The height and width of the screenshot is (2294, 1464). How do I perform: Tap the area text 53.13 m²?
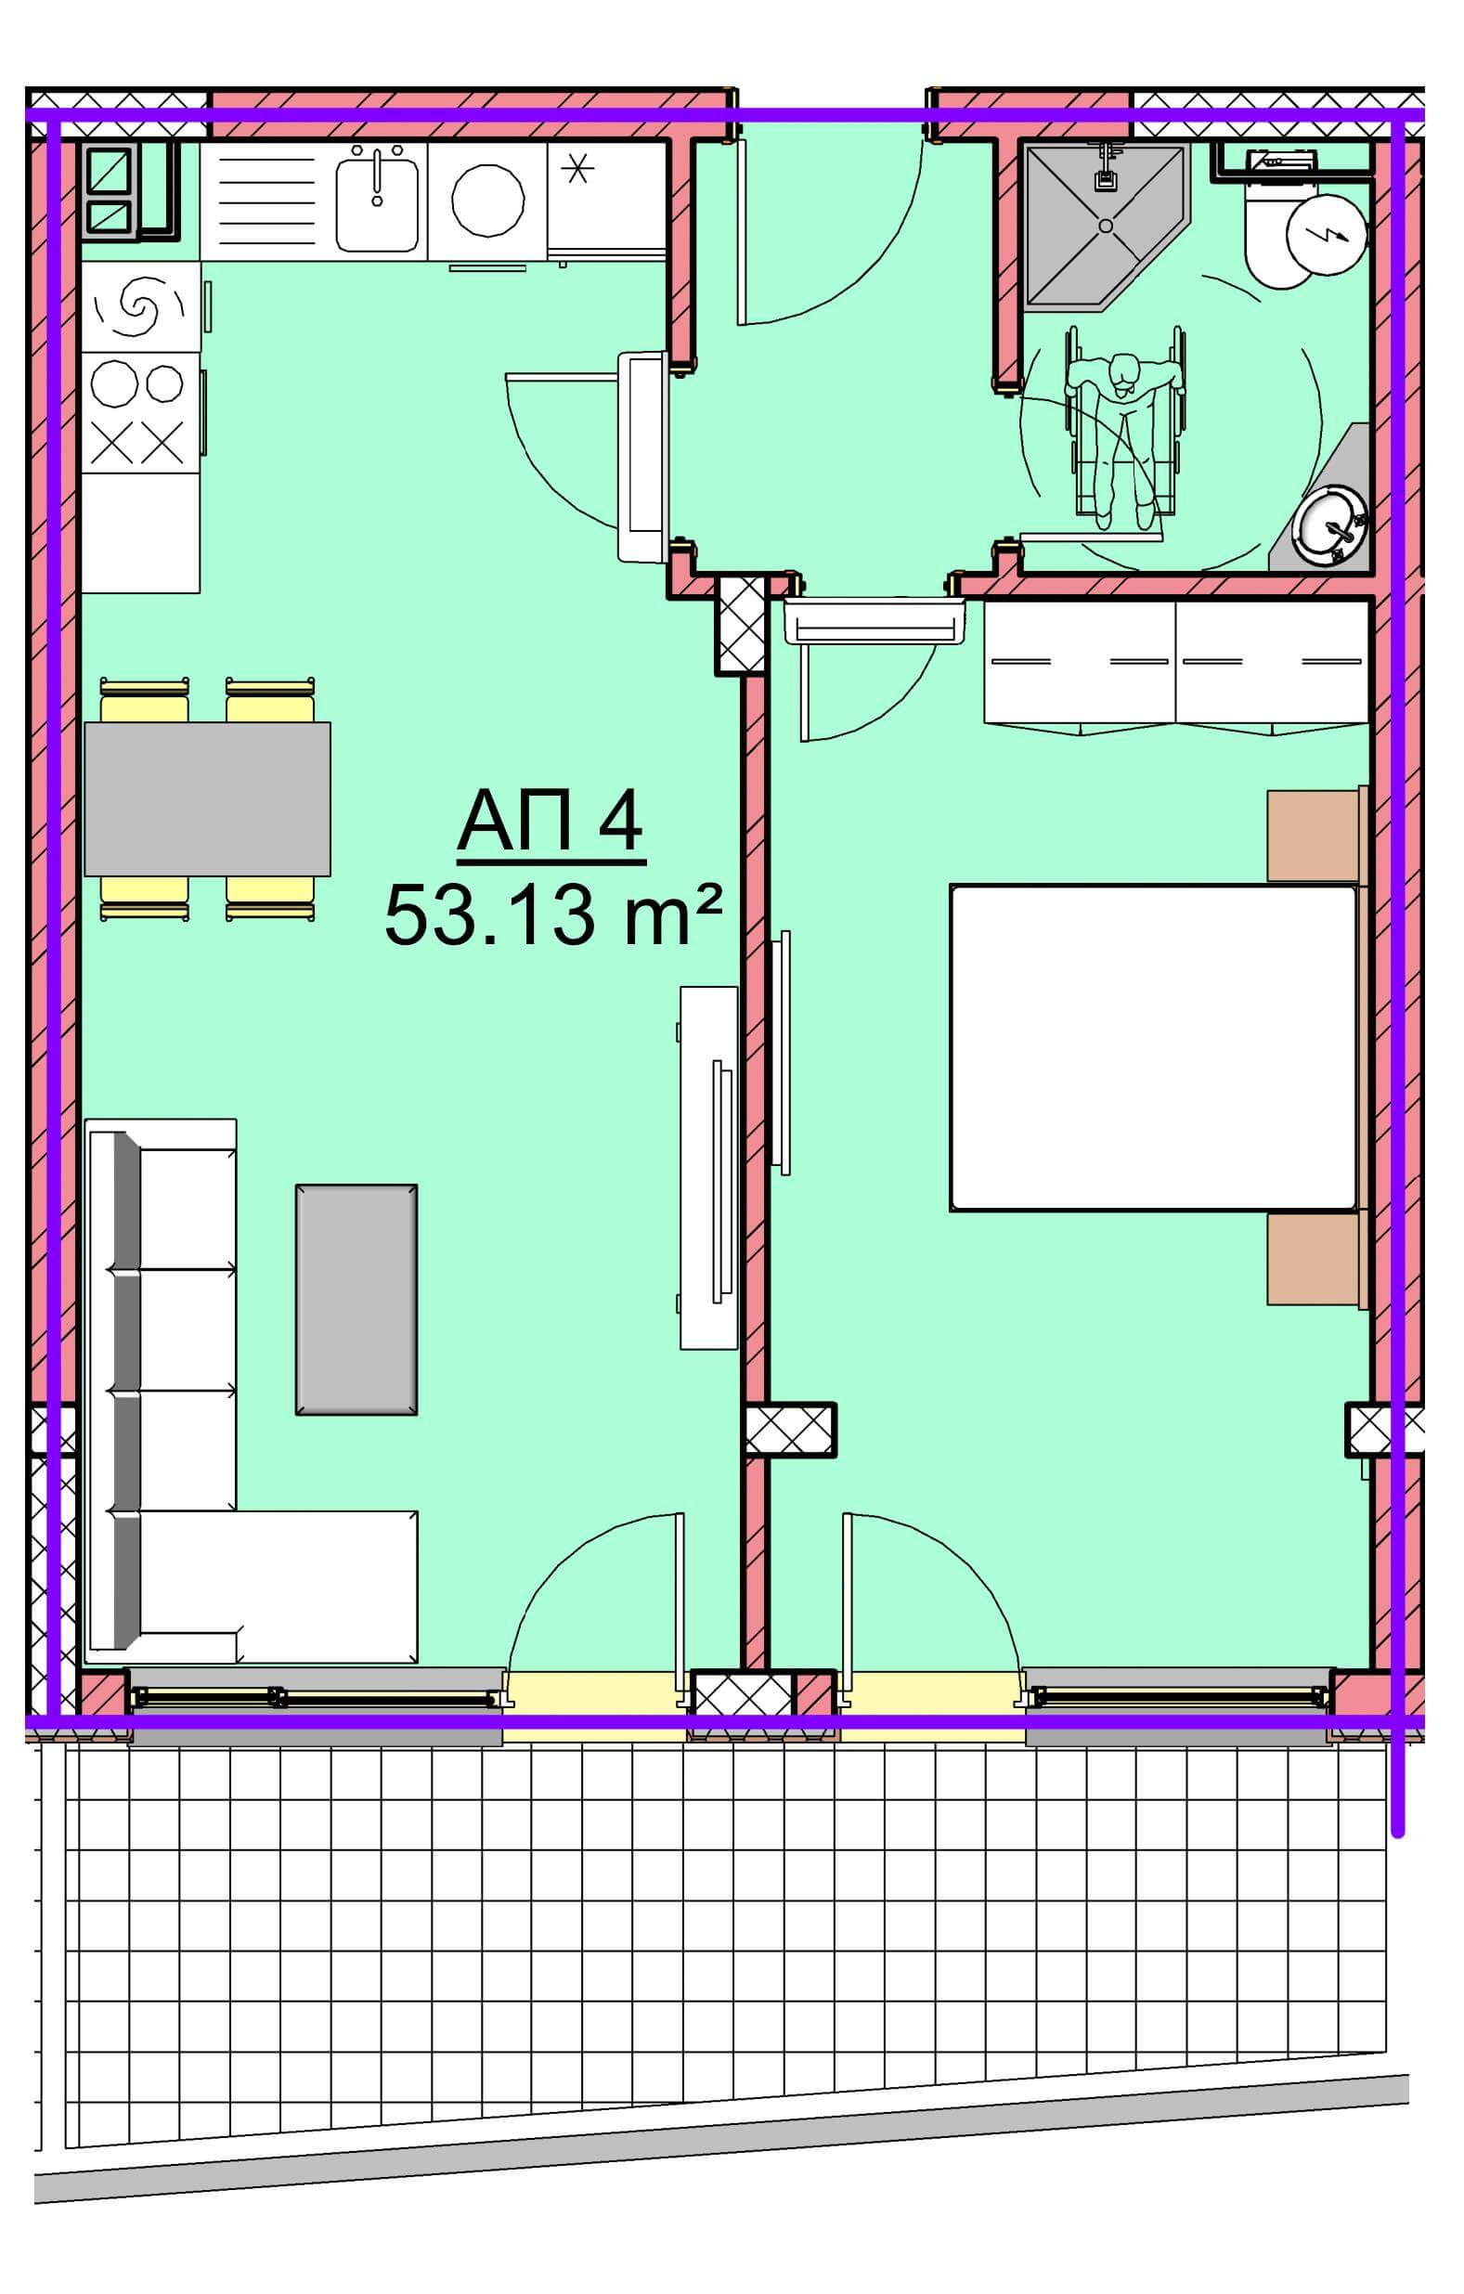tap(552, 914)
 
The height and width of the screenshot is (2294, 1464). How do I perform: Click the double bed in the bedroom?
tap(1152, 1048)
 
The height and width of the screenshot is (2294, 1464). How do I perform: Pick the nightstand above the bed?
tap(1313, 836)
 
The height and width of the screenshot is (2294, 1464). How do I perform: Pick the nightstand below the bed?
tap(1313, 1260)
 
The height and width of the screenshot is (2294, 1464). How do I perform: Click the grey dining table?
tap(208, 798)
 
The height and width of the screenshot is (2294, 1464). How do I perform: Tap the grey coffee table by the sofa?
tap(356, 1300)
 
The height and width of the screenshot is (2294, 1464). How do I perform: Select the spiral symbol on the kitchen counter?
tap(141, 306)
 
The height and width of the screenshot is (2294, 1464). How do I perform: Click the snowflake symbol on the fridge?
tap(577, 170)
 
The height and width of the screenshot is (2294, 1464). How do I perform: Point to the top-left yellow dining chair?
tap(144, 700)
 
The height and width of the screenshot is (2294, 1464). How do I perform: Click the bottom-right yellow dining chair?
tap(270, 898)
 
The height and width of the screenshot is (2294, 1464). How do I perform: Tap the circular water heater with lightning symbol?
tap(1326, 233)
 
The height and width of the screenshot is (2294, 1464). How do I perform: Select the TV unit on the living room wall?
tap(708, 1167)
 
